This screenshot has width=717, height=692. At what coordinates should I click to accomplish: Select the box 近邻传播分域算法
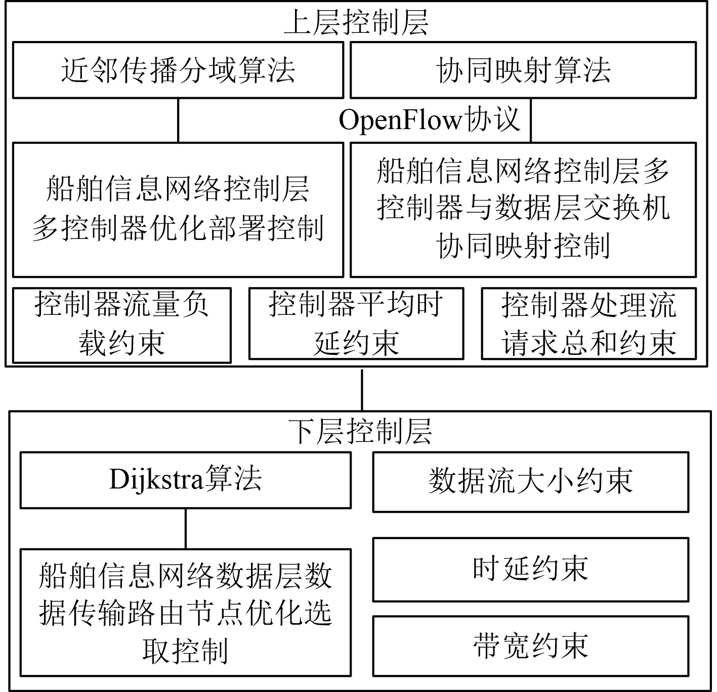[x=178, y=70]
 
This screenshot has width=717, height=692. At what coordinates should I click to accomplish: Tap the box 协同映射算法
[x=523, y=70]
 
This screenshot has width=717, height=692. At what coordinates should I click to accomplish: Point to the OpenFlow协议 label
[x=429, y=120]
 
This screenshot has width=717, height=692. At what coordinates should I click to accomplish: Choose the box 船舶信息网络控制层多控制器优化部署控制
[x=178, y=209]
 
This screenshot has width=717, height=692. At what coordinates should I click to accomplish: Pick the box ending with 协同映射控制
[x=523, y=209]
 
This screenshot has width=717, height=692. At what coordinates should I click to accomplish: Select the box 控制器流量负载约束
[x=121, y=325]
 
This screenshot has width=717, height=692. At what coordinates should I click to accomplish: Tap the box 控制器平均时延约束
[x=356, y=323]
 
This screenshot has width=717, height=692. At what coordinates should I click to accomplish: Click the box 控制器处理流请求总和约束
[x=588, y=323]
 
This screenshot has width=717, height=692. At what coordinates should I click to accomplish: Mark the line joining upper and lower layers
[x=362, y=390]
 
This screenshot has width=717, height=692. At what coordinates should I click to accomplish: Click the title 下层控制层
[x=361, y=432]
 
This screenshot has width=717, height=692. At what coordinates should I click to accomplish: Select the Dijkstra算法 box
[x=185, y=480]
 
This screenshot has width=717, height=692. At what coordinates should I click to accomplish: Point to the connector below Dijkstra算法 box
[x=186, y=528]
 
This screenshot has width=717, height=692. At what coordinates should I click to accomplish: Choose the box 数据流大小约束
[x=530, y=481]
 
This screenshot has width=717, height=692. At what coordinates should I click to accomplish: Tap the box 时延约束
[x=530, y=569]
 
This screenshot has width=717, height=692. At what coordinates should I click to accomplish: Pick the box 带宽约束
[x=530, y=646]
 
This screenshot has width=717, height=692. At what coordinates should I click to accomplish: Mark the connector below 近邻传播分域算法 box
[x=178, y=120]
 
